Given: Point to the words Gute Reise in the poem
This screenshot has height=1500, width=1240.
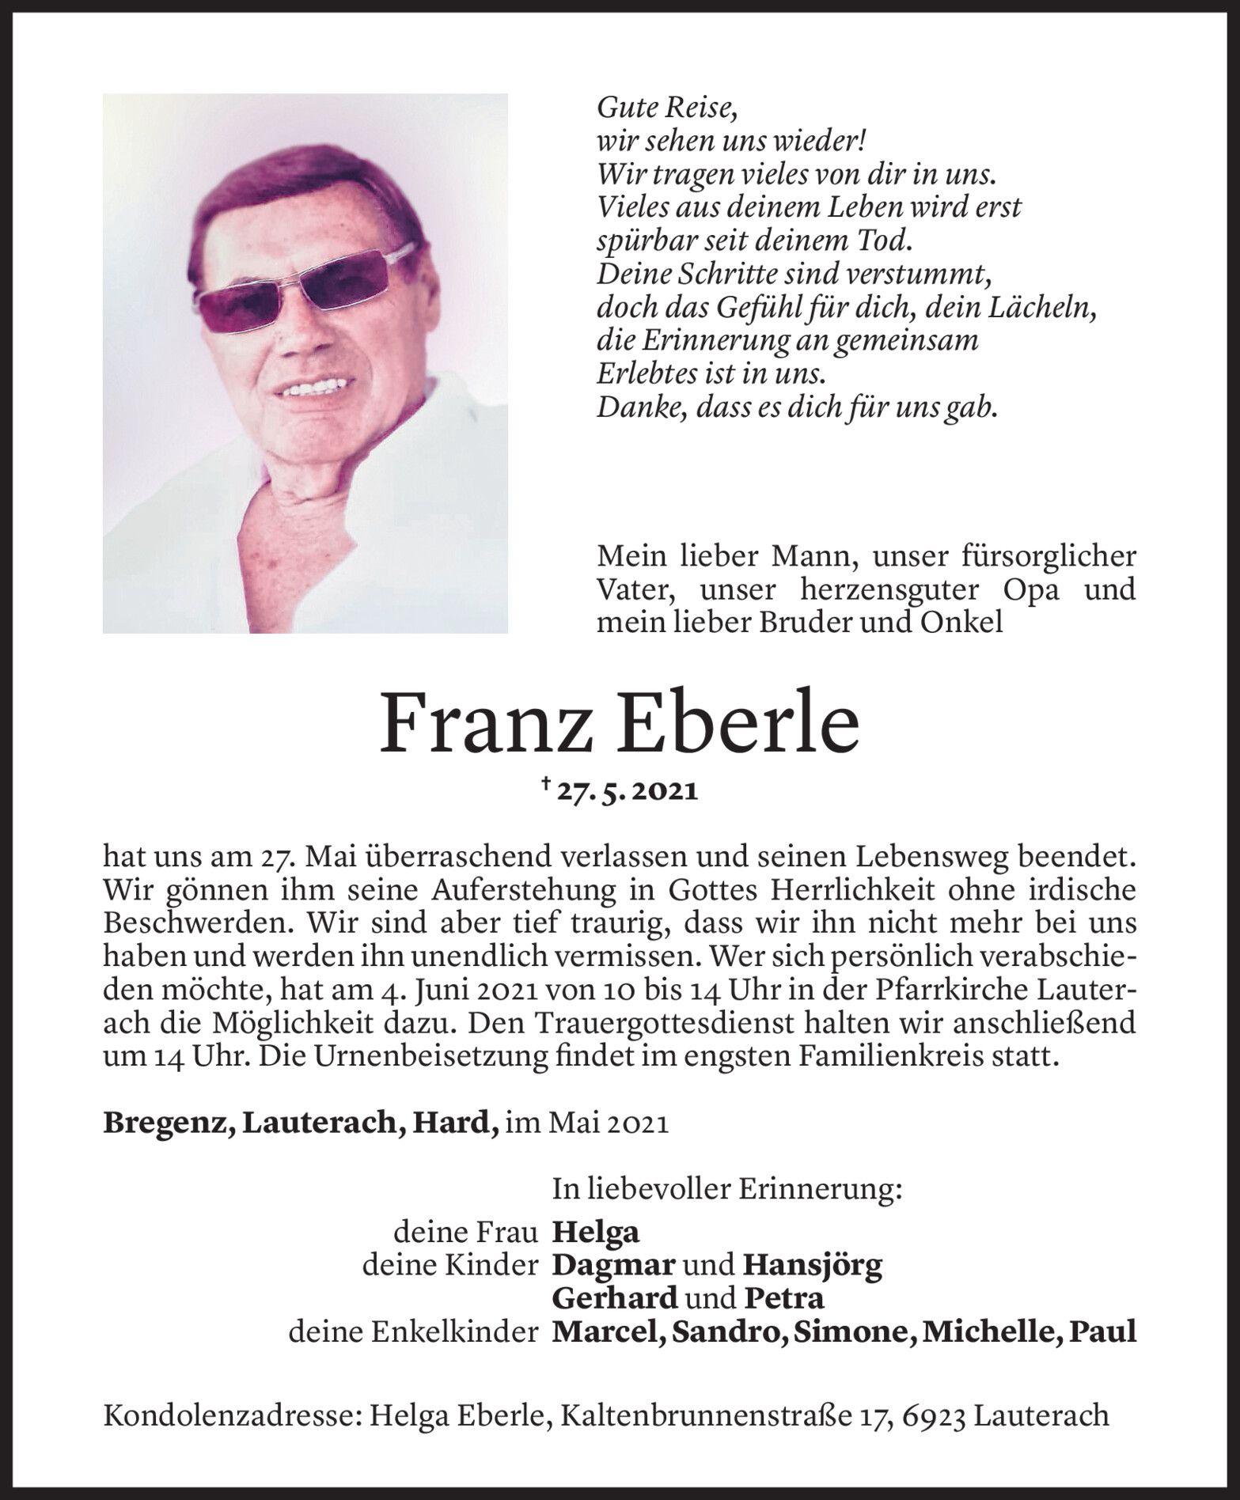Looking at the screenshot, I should pos(666,106).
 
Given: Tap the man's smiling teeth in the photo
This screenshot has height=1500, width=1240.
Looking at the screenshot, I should pos(310,388).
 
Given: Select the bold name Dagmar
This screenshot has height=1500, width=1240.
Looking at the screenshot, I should pos(614,1266).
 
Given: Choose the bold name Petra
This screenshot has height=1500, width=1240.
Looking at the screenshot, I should pos(784,1299).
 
